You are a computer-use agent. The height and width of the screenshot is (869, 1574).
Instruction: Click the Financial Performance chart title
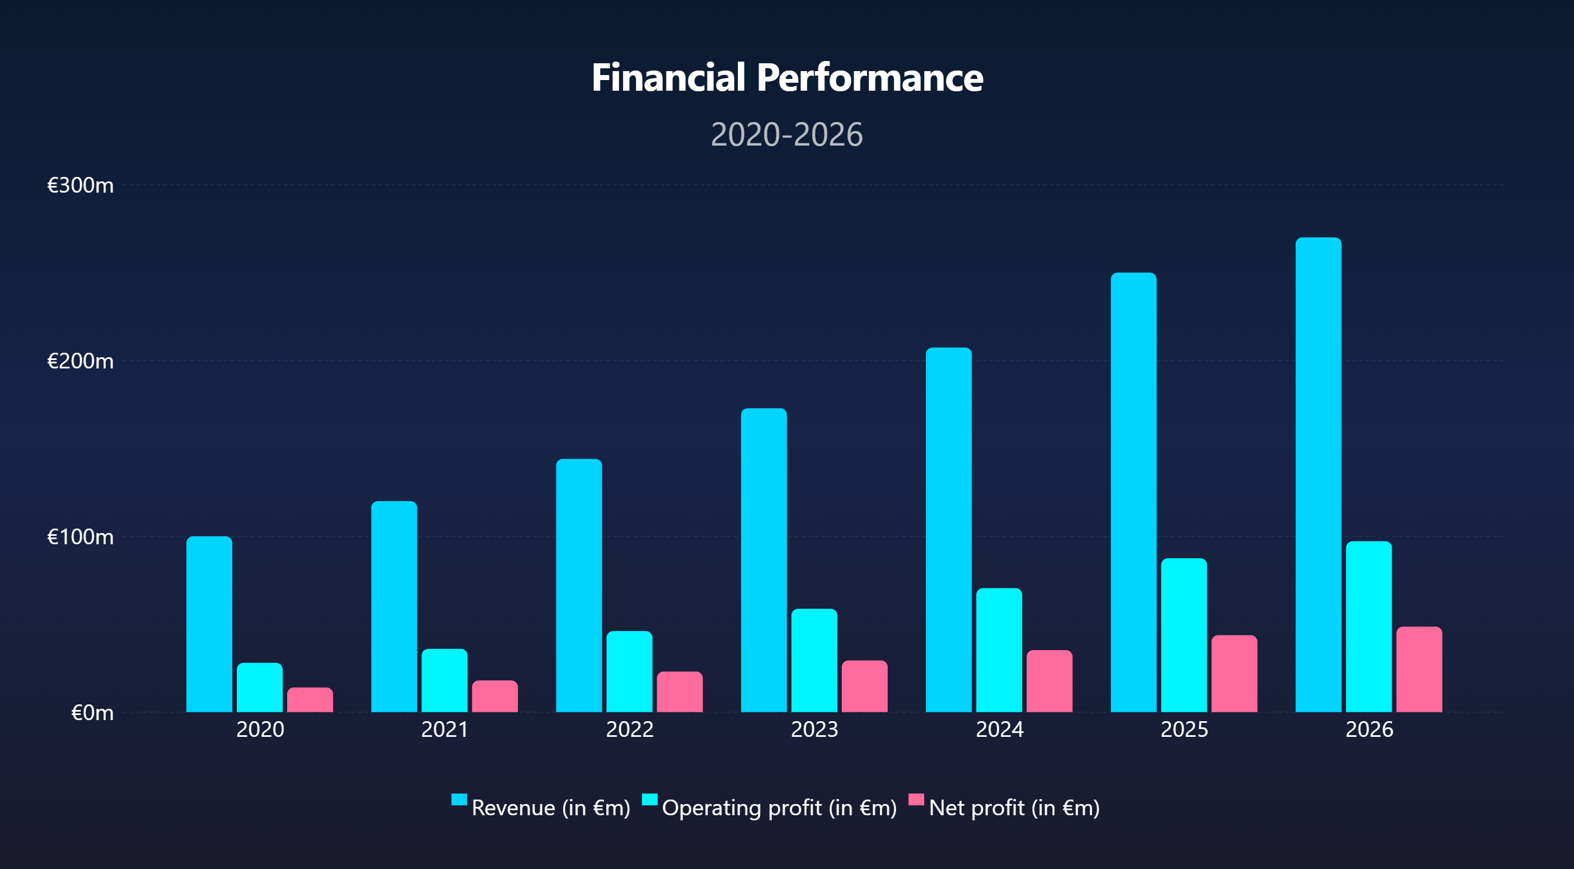[x=787, y=78]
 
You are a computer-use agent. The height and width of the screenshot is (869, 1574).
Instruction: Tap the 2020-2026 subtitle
[x=787, y=134]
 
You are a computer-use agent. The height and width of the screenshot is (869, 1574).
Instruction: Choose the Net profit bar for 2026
[x=1419, y=669]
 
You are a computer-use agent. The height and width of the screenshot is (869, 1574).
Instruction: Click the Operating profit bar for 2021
[x=444, y=680]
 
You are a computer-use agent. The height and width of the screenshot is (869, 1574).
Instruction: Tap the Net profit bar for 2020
[x=310, y=700]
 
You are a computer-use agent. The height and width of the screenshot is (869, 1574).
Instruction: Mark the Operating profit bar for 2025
[x=1183, y=635]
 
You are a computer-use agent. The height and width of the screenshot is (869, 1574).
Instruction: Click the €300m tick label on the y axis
[x=80, y=185]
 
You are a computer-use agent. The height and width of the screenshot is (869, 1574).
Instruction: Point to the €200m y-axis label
[x=80, y=361]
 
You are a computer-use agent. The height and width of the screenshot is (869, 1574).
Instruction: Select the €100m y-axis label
[x=80, y=537]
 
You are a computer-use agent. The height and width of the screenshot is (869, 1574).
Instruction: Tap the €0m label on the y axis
[x=92, y=713]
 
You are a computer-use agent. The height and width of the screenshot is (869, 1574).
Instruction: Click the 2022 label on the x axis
[x=629, y=730]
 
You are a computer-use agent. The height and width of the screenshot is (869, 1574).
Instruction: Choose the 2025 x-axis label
[x=1184, y=730]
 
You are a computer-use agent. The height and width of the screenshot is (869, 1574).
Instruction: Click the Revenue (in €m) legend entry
[x=550, y=808]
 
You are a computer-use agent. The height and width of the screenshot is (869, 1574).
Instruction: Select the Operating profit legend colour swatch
[x=649, y=800]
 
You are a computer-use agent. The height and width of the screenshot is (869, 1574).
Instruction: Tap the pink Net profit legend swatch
[x=916, y=800]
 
